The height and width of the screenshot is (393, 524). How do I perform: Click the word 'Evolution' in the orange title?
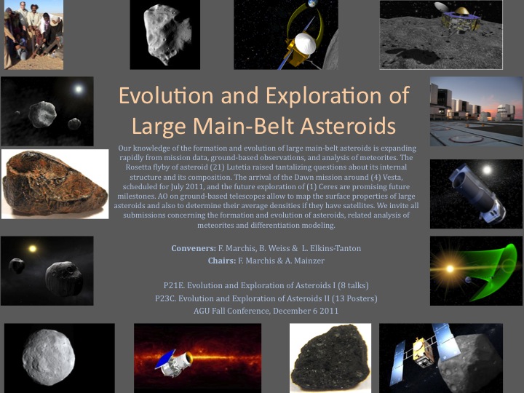(166, 95)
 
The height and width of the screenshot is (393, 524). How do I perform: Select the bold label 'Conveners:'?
(194, 248)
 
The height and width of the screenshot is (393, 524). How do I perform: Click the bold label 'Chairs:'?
(221, 261)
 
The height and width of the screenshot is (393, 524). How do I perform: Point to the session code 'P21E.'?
(174, 286)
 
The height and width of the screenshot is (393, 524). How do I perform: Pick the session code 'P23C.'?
(165, 298)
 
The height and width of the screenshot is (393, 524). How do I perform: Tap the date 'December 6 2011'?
(306, 311)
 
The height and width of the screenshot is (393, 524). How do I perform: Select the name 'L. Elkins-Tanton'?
(331, 248)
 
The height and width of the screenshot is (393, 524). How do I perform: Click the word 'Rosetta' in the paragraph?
(138, 167)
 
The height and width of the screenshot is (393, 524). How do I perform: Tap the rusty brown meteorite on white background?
(55, 183)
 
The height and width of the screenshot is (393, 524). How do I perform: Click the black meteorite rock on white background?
(330, 357)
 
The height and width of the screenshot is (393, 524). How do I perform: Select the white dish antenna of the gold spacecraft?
(306, 44)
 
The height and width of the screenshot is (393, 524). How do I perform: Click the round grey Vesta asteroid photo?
(49, 357)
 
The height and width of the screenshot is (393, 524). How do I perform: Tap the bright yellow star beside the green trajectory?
(450, 269)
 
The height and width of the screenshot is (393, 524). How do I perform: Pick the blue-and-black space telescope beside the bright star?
(477, 193)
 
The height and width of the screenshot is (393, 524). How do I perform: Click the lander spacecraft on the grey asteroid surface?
(461, 17)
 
